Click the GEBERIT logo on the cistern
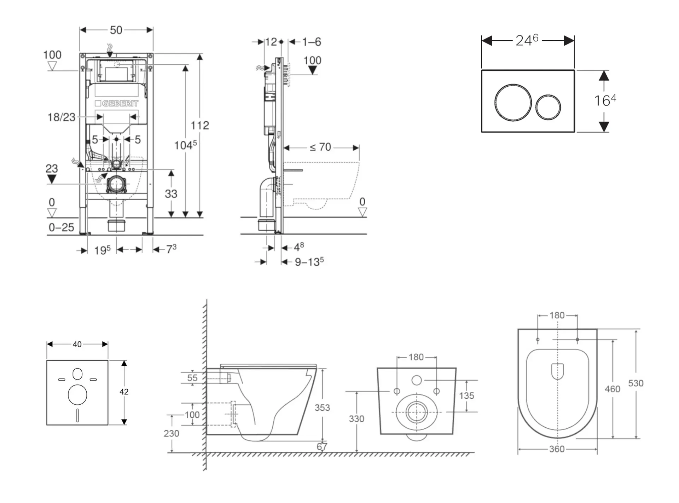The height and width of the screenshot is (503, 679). click(x=116, y=103)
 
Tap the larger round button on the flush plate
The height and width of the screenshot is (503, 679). click(x=513, y=102)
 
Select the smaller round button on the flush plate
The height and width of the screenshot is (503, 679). click(x=548, y=107)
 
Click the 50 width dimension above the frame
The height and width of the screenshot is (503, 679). click(x=116, y=30)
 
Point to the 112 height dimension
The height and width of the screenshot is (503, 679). click(x=200, y=125)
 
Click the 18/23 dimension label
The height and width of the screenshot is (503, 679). click(x=62, y=117)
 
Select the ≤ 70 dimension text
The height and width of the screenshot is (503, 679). click(x=320, y=147)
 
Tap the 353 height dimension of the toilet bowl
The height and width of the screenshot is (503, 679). click(x=322, y=407)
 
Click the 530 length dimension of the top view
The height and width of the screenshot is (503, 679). click(x=636, y=383)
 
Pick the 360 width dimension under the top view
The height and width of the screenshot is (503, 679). click(x=557, y=449)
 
